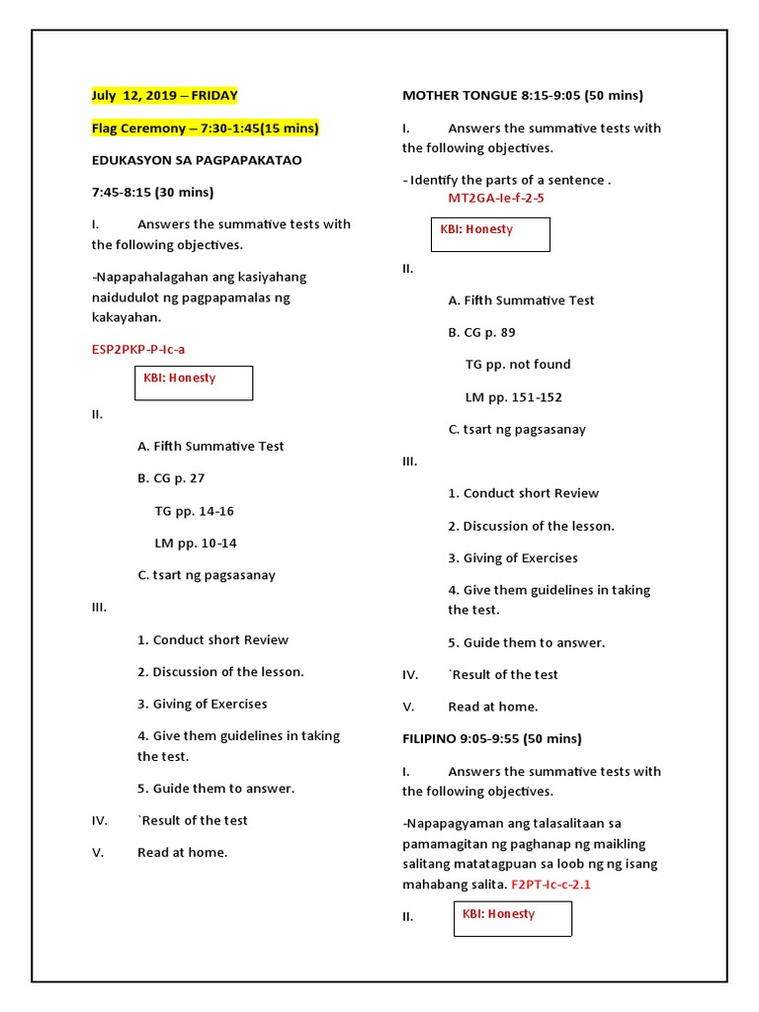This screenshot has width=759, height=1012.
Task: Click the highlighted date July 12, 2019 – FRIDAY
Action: [x=164, y=96]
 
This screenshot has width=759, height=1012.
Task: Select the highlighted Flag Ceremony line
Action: [x=206, y=128]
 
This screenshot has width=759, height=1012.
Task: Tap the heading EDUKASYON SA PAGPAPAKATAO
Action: [x=197, y=160]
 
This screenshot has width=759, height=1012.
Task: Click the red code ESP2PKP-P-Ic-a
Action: [x=138, y=349]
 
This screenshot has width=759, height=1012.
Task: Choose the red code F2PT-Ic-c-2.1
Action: [x=550, y=885]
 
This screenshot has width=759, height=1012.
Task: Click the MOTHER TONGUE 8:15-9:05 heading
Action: [x=522, y=96]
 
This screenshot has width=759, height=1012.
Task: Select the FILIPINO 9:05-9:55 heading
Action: [x=491, y=738]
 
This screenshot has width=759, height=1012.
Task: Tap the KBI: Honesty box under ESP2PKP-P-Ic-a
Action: [x=193, y=382]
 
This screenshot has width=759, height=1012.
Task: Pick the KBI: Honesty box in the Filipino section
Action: [x=512, y=918]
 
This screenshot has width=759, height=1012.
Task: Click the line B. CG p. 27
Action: [x=171, y=478]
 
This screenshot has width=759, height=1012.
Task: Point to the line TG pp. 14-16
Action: [x=194, y=511]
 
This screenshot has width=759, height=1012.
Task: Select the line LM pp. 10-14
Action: [x=196, y=543]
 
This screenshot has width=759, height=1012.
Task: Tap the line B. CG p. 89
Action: [x=481, y=332]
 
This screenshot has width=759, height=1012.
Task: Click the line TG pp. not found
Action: [x=518, y=365]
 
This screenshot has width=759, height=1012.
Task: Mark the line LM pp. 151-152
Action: [x=513, y=397]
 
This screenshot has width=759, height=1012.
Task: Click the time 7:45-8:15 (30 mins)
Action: [x=152, y=192]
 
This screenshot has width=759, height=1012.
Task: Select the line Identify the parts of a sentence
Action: [x=507, y=180]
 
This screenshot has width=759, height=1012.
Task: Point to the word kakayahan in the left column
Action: [x=126, y=318]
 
